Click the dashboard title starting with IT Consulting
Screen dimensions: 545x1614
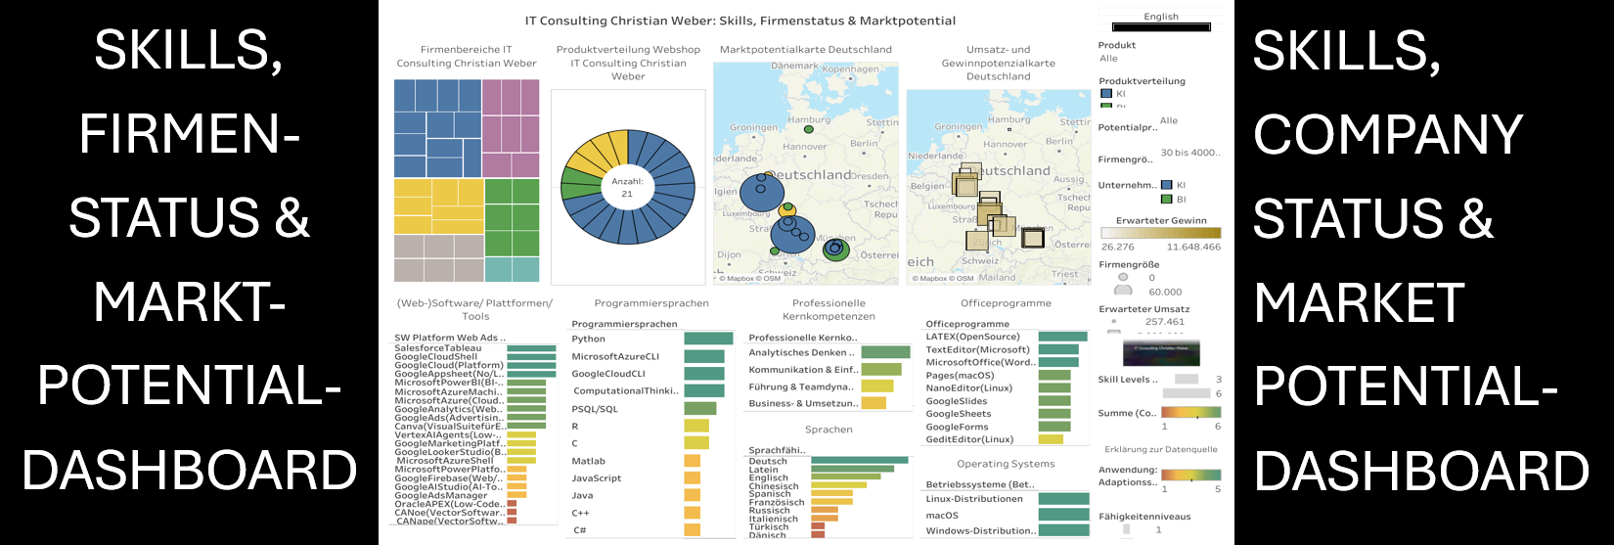[740, 21]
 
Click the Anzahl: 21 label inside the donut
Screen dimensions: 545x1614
[627, 187]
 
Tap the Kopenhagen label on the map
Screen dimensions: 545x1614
[850, 69]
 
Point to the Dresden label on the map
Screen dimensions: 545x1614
[870, 176]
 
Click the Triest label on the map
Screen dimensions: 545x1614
[1064, 275]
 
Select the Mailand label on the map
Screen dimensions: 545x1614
[998, 277]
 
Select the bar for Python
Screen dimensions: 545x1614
[708, 339]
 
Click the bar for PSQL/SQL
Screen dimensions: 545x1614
[700, 409]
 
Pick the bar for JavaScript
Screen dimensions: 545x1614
[693, 478]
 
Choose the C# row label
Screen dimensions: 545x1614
[580, 530]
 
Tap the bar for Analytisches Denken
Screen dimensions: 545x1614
[885, 352]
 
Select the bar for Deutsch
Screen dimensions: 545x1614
[860, 461]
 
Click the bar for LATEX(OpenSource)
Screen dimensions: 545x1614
[1062, 337]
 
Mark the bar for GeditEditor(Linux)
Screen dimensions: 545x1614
[1054, 439]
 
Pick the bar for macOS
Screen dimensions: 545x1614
[1063, 515]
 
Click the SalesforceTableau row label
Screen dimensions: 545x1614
[438, 348]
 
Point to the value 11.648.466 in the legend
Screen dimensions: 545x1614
[1193, 248]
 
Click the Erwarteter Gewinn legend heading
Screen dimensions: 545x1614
[1161, 221]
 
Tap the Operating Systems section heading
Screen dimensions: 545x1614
[1006, 464]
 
